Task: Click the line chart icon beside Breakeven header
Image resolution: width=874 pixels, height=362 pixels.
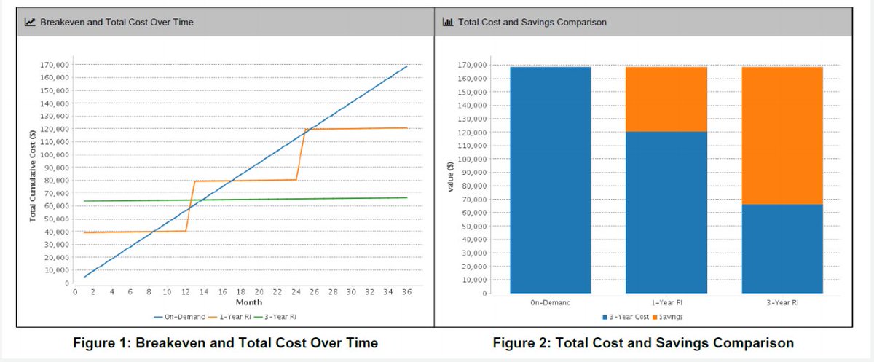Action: tap(30, 22)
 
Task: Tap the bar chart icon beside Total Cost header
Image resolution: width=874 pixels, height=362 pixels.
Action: tap(447, 22)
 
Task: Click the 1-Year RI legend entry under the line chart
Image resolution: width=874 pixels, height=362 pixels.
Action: tap(229, 317)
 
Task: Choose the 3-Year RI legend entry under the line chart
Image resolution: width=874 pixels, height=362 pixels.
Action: tap(275, 317)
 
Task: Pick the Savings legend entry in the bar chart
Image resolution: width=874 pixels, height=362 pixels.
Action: tap(668, 317)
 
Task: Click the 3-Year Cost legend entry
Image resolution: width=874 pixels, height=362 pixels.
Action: tap(626, 317)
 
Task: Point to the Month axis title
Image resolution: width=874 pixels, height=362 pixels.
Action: tap(249, 302)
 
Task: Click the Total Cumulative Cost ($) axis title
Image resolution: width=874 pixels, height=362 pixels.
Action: tap(32, 176)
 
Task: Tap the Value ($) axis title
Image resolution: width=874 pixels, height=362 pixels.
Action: tap(451, 177)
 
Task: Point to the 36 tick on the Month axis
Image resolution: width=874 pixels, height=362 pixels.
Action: tap(406, 292)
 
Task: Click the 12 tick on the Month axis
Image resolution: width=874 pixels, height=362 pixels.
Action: tap(185, 292)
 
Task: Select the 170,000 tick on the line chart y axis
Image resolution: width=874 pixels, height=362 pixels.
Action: tap(54, 65)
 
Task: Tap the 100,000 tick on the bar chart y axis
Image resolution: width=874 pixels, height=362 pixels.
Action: tap(472, 160)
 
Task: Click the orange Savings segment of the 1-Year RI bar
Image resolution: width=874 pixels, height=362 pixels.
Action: tap(666, 99)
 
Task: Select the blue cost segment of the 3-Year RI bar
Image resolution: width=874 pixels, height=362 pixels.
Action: tap(782, 248)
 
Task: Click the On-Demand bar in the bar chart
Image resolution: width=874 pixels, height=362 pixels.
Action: tap(551, 180)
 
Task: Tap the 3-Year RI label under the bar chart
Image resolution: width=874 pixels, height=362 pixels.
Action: tap(782, 303)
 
